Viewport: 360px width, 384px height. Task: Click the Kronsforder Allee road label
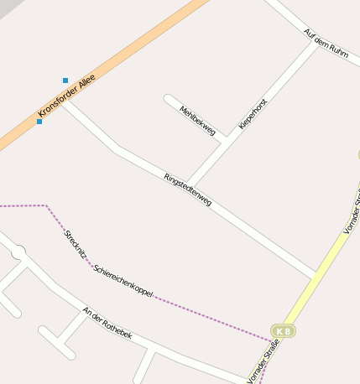[x=67, y=95]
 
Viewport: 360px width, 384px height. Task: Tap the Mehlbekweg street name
[x=198, y=121]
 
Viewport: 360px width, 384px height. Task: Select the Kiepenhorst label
[x=253, y=113]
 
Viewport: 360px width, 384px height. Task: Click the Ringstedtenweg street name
[x=188, y=189]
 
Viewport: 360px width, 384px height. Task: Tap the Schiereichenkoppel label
[x=123, y=283]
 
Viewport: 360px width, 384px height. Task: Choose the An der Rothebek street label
[x=107, y=323]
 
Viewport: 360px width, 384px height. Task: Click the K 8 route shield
[x=284, y=331]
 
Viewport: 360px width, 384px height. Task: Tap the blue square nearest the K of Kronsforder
[x=39, y=122]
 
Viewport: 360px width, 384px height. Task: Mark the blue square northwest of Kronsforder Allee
[x=65, y=80]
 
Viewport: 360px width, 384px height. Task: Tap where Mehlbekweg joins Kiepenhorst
[x=222, y=141]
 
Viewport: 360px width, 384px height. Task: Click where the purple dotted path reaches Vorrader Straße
[x=270, y=341]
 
